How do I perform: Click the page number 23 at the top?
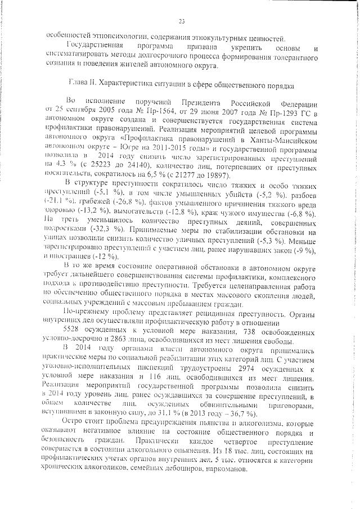click(x=181, y=21)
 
